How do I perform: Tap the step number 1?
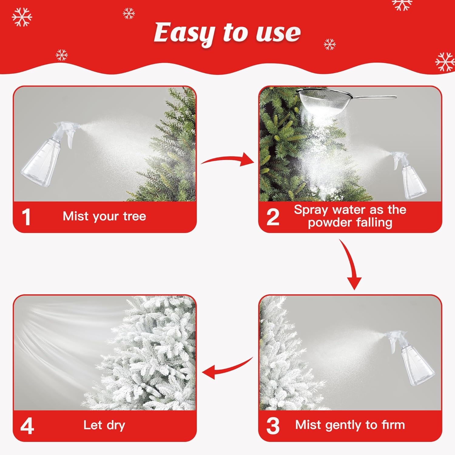point(26,217)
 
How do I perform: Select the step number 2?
point(273,217)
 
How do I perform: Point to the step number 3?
point(273,426)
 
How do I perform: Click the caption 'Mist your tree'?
point(104,216)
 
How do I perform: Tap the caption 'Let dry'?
point(104,425)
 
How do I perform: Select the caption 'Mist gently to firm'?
point(350,425)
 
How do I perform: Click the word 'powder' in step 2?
point(329,223)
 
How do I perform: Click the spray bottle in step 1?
point(49,155)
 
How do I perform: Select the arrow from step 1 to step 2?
point(227,160)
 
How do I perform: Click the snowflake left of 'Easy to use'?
point(129,14)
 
